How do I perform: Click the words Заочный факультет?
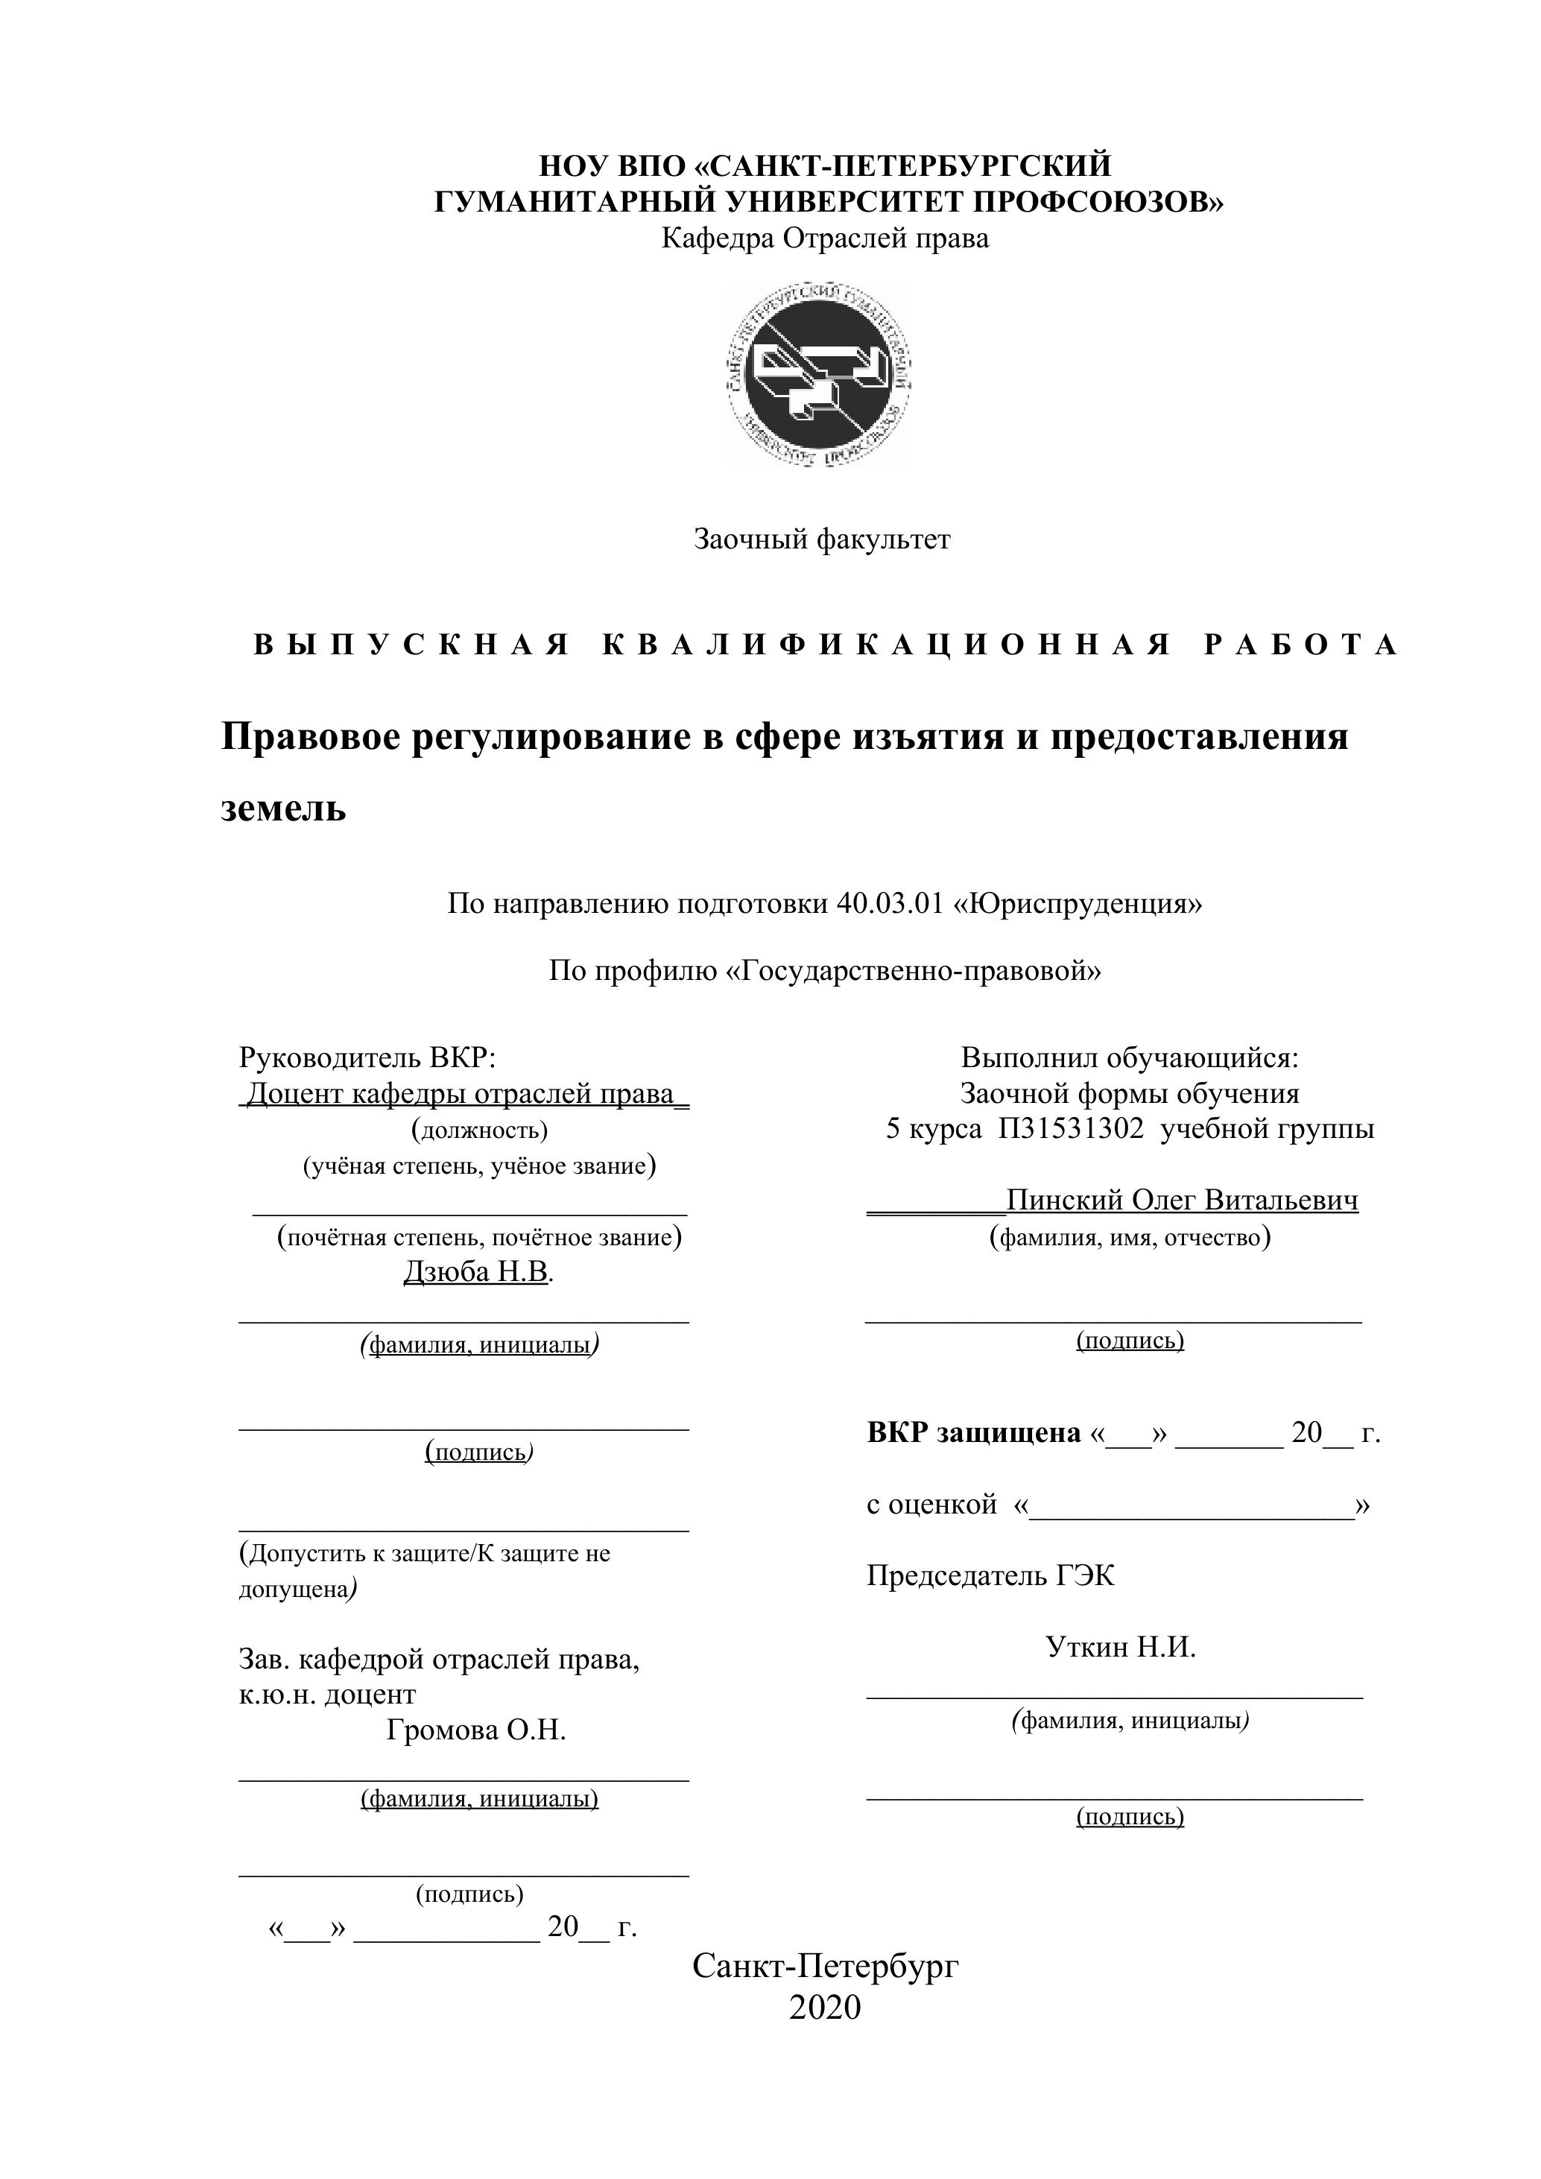tap(822, 540)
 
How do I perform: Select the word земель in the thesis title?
tap(284, 809)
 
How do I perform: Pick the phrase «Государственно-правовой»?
tap(913, 971)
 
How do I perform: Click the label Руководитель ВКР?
tap(367, 1057)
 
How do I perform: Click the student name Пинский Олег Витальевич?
tap(1181, 1201)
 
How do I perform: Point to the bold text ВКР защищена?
tap(974, 1432)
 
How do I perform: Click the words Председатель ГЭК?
tap(990, 1575)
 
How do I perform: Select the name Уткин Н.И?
tap(1121, 1647)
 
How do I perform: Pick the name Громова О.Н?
tap(475, 1730)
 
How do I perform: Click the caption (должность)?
tap(479, 1130)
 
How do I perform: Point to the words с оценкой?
tap(931, 1505)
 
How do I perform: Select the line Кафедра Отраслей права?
tap(825, 238)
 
